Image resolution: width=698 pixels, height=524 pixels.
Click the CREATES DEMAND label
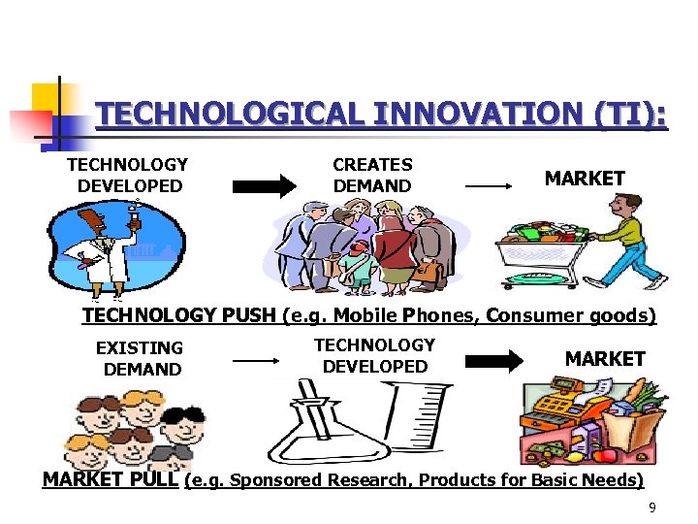372,176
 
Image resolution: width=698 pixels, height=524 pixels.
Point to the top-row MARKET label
585,179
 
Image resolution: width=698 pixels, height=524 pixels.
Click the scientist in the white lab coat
100,246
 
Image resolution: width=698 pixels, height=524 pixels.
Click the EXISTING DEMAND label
141,358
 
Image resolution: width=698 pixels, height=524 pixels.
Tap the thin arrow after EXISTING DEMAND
256,360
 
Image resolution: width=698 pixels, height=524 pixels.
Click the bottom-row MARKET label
605,359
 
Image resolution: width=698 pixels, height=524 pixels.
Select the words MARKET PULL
110,479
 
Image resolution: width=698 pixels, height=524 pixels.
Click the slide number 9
652,508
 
